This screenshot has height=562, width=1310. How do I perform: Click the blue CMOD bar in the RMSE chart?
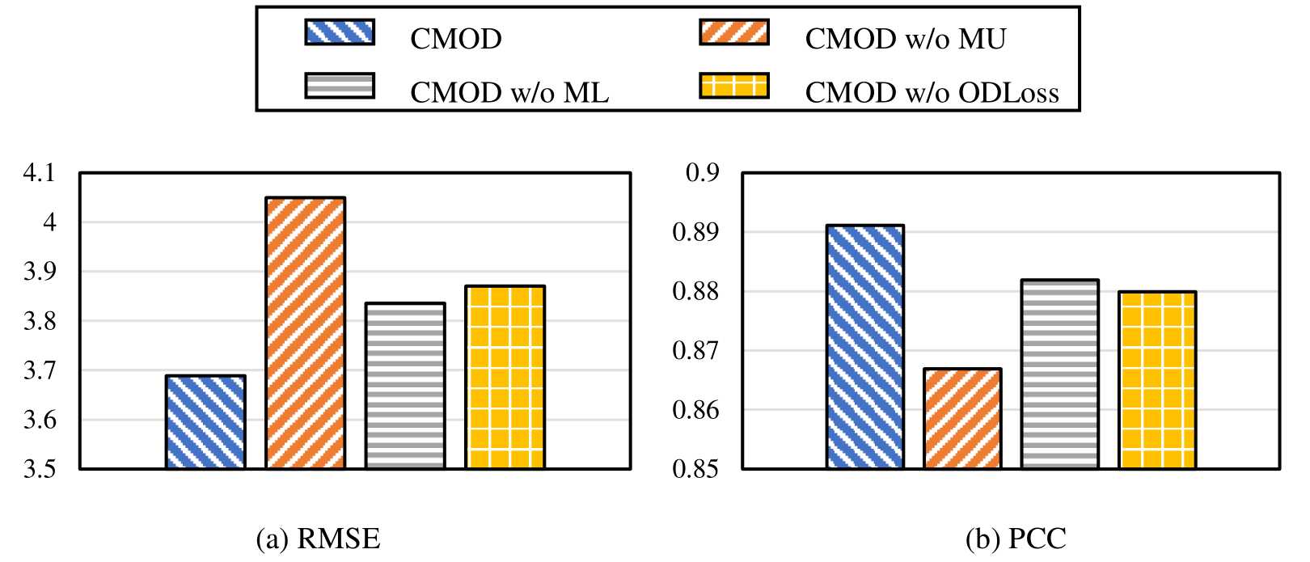point(205,421)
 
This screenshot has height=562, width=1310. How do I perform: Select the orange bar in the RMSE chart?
point(306,332)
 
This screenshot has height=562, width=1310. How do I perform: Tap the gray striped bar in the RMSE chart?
point(405,386)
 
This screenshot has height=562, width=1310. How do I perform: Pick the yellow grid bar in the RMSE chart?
point(505,377)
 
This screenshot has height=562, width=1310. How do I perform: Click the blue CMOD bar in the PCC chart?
point(865,347)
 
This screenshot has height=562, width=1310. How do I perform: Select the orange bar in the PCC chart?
point(962,418)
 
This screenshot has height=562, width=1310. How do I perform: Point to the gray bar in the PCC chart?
point(1059,374)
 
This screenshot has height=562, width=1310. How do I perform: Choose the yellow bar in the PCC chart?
point(1157,380)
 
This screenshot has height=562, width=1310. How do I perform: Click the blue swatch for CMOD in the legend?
point(340,33)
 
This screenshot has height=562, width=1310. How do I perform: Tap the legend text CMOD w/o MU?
point(905,38)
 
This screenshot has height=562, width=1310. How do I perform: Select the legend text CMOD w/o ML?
point(509,92)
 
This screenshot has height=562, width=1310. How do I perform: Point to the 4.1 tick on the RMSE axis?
point(38,173)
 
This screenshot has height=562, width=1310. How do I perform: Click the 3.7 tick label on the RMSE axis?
point(38,370)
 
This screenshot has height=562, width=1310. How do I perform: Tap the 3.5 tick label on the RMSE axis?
point(38,469)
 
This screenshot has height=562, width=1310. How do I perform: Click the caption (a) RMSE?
point(319,539)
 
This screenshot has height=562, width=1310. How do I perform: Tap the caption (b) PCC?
point(1015,539)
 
